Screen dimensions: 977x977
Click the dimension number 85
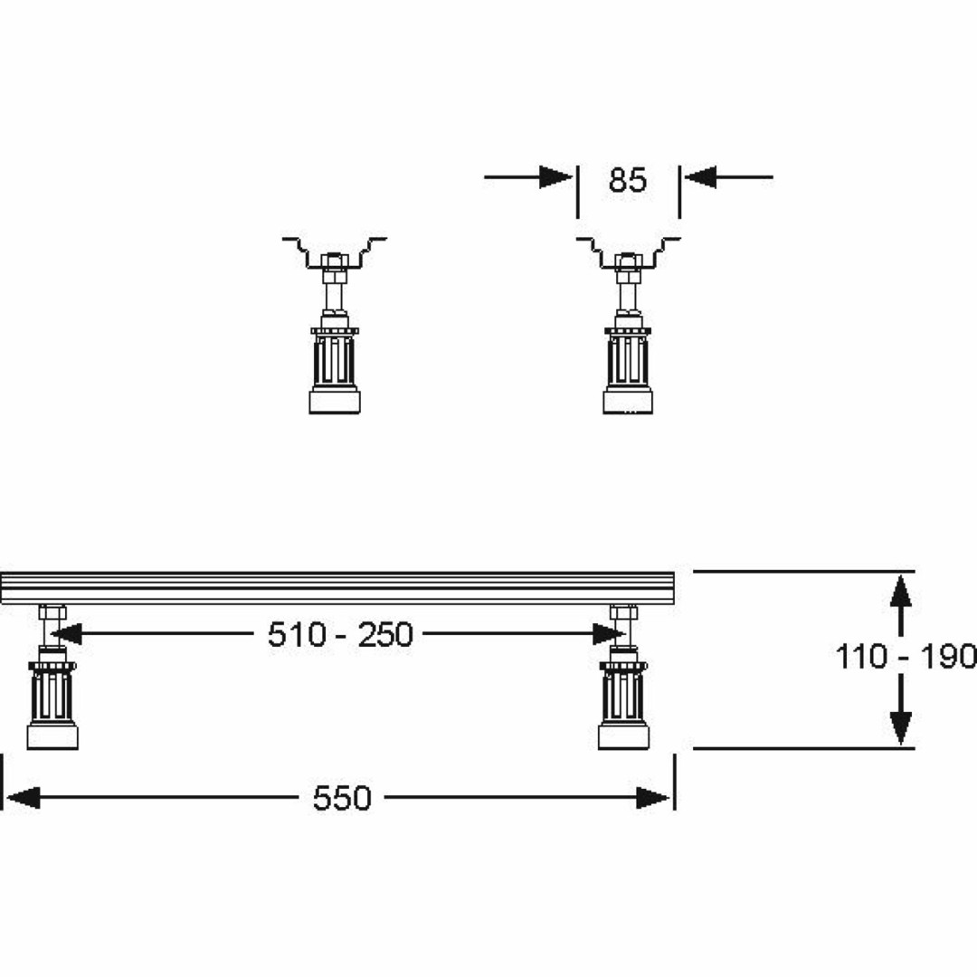pyautogui.click(x=628, y=180)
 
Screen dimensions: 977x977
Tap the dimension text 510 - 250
pyautogui.click(x=340, y=635)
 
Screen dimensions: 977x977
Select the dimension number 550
pyautogui.click(x=342, y=798)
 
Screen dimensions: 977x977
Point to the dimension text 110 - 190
pyautogui.click(x=906, y=657)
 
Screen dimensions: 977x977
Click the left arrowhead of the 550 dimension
pyautogui.click(x=23, y=798)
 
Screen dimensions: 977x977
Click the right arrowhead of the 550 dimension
pyautogui.click(x=653, y=798)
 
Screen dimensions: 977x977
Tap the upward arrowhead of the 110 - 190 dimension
pyautogui.click(x=900, y=592)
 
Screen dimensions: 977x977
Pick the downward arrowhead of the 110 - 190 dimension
pyautogui.click(x=900, y=727)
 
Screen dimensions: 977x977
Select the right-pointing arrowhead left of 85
pyautogui.click(x=555, y=177)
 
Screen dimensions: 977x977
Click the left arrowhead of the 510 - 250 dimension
pyautogui.click(x=66, y=634)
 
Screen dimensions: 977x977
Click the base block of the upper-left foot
pyautogui.click(x=335, y=401)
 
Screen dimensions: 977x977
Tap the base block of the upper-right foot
pyautogui.click(x=628, y=401)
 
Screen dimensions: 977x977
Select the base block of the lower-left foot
pyautogui.click(x=52, y=735)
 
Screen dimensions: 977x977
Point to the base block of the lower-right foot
pyautogui.click(x=623, y=735)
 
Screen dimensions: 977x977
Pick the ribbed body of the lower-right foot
pyautogui.click(x=623, y=696)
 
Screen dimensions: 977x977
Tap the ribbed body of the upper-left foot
pyautogui.click(x=335, y=361)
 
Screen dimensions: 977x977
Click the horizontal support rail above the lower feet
pyautogui.click(x=337, y=588)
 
